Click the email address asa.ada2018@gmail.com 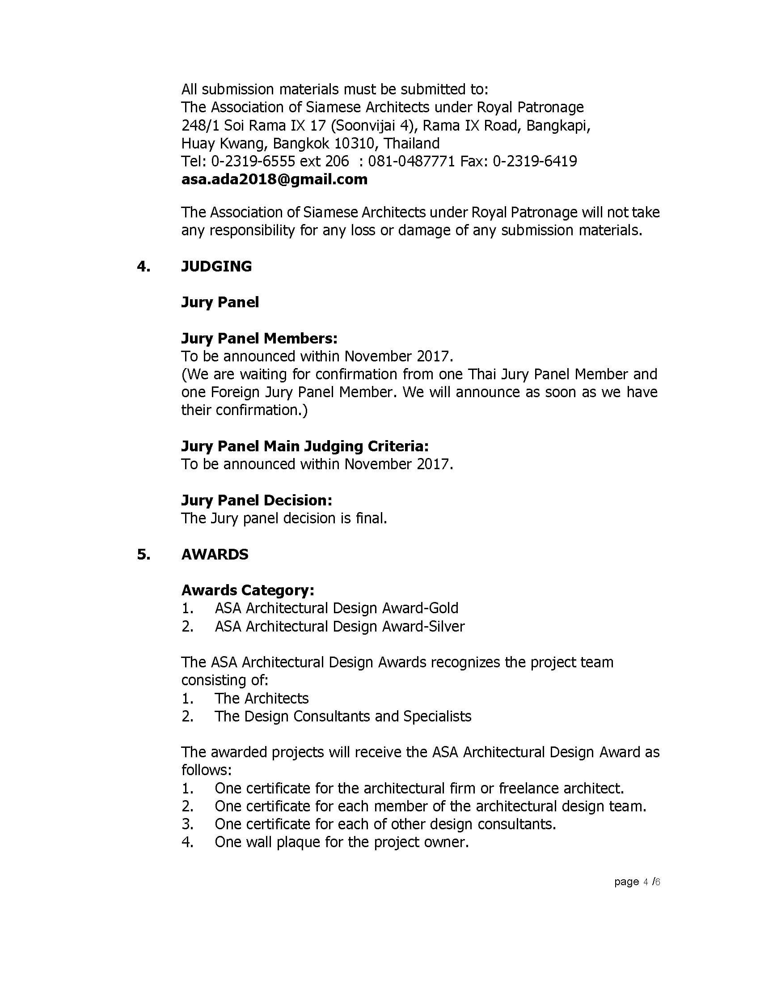(274, 179)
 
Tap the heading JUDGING (216, 266)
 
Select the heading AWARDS (215, 554)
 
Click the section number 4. (144, 266)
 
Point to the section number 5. (144, 554)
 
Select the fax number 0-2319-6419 (535, 161)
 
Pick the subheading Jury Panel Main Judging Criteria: (305, 446)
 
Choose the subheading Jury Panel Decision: (257, 500)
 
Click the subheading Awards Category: (248, 590)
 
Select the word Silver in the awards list (447, 626)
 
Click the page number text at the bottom (637, 882)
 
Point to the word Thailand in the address (412, 143)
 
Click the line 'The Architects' (261, 698)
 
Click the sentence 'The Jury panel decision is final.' (284, 518)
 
